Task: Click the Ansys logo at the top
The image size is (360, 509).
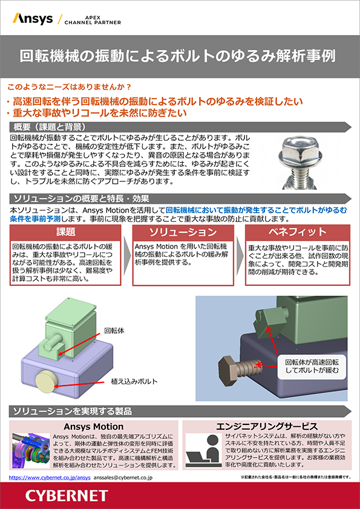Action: [x=33, y=19]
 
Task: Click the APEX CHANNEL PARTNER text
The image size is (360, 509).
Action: [x=93, y=20]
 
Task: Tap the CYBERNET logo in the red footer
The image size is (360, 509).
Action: [x=67, y=496]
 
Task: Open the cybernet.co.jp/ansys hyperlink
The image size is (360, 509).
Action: [x=50, y=478]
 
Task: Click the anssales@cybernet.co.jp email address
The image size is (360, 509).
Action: [x=123, y=478]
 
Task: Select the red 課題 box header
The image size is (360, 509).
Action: [x=65, y=232]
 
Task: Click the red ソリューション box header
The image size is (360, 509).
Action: [x=183, y=232]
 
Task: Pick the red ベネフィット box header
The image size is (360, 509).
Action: [x=297, y=232]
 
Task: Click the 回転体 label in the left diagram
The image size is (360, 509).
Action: [x=114, y=331]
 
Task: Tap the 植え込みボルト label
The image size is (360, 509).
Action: [x=134, y=381]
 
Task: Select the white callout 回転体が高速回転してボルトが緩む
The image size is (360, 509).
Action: [x=312, y=366]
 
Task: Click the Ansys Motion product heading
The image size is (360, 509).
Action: [x=94, y=427]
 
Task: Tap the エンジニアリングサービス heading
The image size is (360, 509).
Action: [x=267, y=427]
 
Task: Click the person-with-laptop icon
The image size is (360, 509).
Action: [x=205, y=451]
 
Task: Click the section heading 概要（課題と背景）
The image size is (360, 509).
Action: [x=50, y=127]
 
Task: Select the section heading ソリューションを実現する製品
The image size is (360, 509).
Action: [x=73, y=411]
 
